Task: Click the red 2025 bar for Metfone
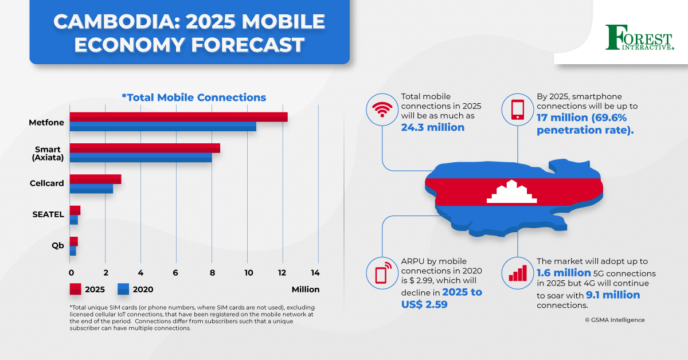click(x=178, y=117)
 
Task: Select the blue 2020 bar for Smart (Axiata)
click(x=140, y=157)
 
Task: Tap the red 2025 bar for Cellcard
click(x=95, y=179)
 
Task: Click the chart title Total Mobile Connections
click(x=194, y=97)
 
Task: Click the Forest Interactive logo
click(x=639, y=38)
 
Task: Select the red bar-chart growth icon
click(x=518, y=272)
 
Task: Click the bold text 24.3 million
click(x=433, y=127)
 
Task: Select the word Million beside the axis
click(x=305, y=289)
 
